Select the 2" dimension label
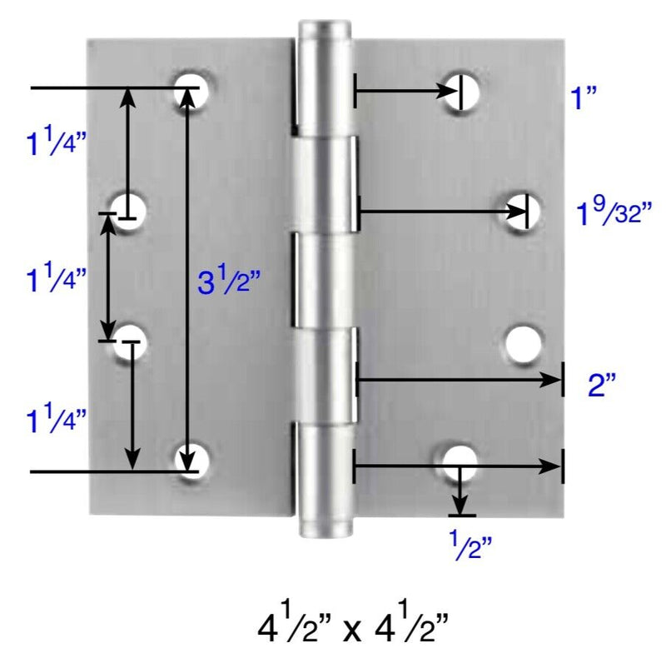(x=601, y=386)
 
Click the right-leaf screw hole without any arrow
(x=524, y=343)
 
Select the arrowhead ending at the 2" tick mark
(x=553, y=381)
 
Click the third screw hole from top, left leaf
(x=132, y=343)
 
